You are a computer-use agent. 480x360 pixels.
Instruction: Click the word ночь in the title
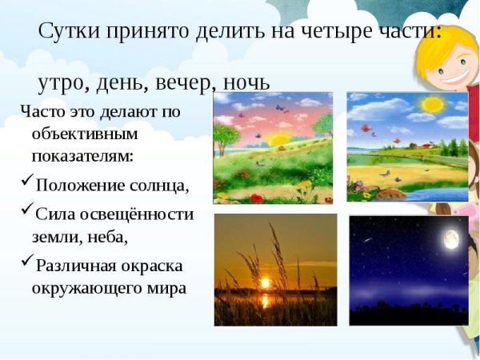pyautogui.click(x=243, y=83)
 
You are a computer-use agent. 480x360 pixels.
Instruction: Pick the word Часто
pyautogui.click(x=41, y=111)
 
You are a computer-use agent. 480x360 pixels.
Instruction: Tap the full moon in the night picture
pyautogui.click(x=452, y=238)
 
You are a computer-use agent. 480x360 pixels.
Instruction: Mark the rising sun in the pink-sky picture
pyautogui.click(x=281, y=139)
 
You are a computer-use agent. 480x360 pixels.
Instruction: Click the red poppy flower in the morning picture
pyautogui.click(x=256, y=198)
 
